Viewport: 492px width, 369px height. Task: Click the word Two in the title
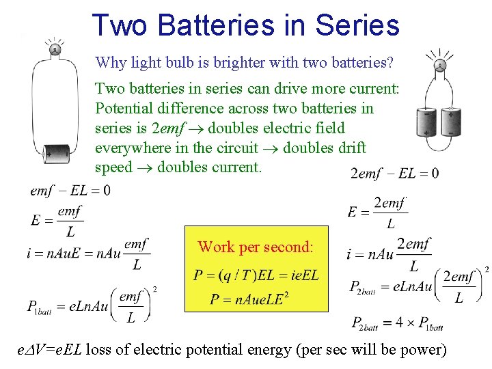click(x=120, y=25)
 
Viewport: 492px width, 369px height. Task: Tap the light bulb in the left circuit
click(x=54, y=49)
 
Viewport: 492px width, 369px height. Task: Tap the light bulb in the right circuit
click(x=441, y=66)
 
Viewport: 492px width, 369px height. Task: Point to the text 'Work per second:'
click(x=256, y=247)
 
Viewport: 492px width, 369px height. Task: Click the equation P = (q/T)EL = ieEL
click(x=256, y=275)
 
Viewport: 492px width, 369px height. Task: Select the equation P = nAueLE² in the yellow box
click(x=249, y=298)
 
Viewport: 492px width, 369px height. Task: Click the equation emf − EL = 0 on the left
click(x=70, y=190)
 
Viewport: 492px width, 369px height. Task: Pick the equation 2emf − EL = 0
click(x=394, y=173)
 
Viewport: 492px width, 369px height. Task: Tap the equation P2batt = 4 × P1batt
click(x=396, y=323)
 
